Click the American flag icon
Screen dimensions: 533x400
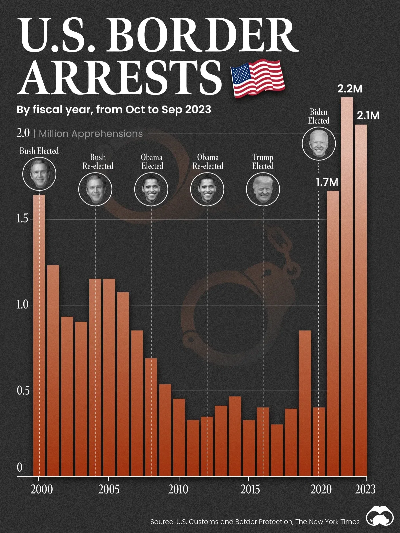tap(257, 79)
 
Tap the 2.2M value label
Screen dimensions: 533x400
tap(350, 89)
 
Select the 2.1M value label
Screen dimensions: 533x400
tap(368, 116)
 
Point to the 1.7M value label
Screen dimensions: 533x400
tap(327, 182)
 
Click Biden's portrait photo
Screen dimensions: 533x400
tap(319, 144)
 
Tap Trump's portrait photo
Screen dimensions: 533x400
tap(263, 189)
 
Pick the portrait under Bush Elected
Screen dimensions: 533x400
tap(39, 174)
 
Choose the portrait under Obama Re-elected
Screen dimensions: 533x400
tap(207, 189)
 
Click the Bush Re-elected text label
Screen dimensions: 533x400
tap(98, 162)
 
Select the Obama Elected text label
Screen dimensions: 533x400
tap(152, 162)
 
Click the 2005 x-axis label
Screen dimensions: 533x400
tap(109, 489)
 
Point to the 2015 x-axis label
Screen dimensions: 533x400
tap(250, 489)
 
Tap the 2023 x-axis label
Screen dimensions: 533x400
tap(365, 489)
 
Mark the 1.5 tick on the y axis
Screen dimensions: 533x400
tap(23, 219)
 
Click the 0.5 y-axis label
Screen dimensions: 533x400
tap(23, 390)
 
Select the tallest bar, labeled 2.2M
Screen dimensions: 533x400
tap(347, 286)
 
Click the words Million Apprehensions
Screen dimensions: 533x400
tap(91, 134)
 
